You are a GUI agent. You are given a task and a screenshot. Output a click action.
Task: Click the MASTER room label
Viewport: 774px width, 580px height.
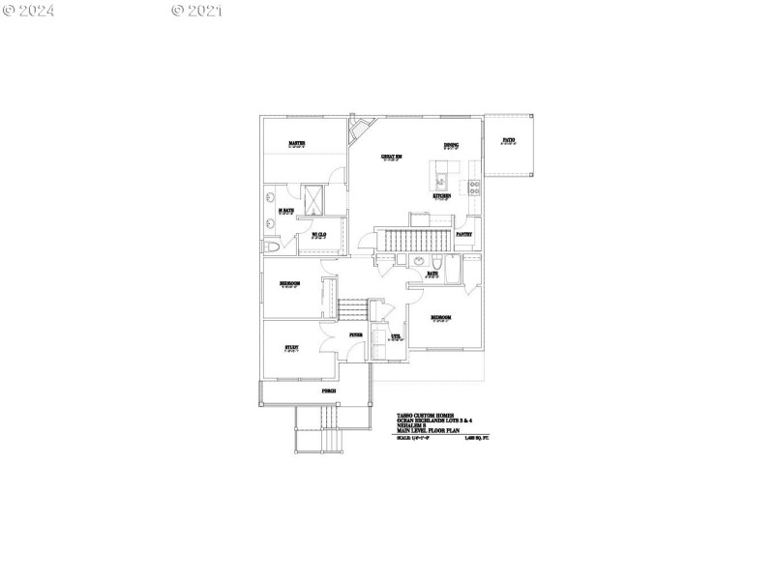click(297, 143)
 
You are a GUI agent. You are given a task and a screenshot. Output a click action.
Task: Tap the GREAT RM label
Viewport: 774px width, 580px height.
click(391, 155)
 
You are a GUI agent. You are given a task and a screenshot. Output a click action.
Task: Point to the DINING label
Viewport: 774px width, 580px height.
click(451, 145)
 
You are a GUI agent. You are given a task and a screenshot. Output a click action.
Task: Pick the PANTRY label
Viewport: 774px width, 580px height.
click(464, 233)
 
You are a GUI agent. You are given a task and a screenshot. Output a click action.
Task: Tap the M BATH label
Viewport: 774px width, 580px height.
click(286, 210)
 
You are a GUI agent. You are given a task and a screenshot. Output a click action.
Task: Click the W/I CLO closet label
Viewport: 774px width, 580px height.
click(318, 233)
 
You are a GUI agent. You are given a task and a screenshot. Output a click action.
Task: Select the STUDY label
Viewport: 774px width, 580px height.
click(291, 347)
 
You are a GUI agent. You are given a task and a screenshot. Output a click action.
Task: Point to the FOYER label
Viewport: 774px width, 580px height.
click(356, 333)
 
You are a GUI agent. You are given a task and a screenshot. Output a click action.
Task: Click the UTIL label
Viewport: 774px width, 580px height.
click(395, 336)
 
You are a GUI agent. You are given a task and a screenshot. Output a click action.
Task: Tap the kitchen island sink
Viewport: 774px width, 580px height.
click(440, 179)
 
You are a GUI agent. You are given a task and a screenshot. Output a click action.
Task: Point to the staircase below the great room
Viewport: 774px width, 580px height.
click(414, 241)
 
